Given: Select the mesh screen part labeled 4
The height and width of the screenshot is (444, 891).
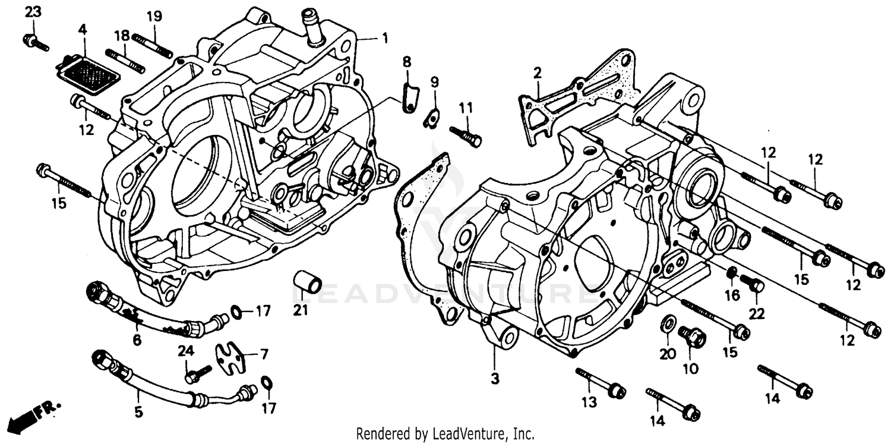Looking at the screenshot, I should point(87,73).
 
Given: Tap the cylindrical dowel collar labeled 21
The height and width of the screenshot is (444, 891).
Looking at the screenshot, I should point(308,282).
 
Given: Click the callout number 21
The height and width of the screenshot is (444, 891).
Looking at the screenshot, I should point(301,310).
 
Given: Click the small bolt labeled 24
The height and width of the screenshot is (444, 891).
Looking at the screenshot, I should point(197,374).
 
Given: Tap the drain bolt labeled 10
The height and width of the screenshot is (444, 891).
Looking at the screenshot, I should point(692,338).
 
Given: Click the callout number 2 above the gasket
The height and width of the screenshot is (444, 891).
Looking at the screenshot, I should point(537,74).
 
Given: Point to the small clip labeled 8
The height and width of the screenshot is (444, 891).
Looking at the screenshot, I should point(409,97).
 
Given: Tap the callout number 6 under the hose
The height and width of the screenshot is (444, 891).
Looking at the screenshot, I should point(137,340).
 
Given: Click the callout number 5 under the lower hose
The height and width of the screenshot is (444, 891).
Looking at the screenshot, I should point(138,412).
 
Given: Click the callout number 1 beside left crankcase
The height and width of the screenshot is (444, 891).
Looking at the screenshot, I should point(384,39).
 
